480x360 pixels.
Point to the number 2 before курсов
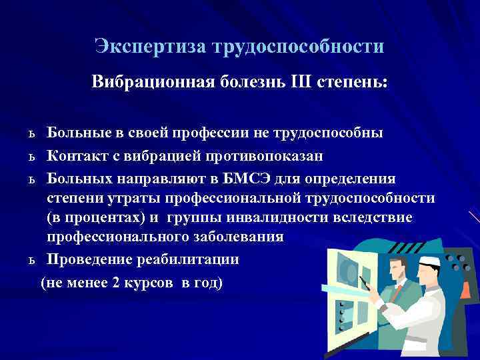coord(117,283)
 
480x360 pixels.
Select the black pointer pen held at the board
coord(365,273)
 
